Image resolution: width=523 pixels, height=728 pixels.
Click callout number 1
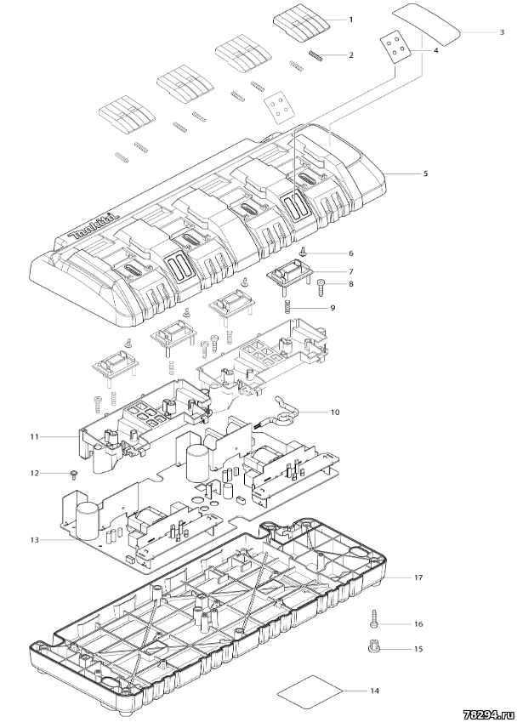352,19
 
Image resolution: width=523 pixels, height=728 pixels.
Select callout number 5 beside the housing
425,173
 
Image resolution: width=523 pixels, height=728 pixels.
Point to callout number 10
334,412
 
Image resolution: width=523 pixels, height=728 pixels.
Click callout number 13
34,541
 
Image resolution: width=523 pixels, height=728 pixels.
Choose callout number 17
418,577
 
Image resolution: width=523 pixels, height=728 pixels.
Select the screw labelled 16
372,619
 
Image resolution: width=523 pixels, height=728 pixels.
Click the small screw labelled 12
73,473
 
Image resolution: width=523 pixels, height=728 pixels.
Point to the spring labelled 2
316,56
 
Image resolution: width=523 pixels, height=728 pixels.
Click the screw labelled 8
322,285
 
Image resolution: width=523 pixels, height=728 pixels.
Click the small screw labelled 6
302,252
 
